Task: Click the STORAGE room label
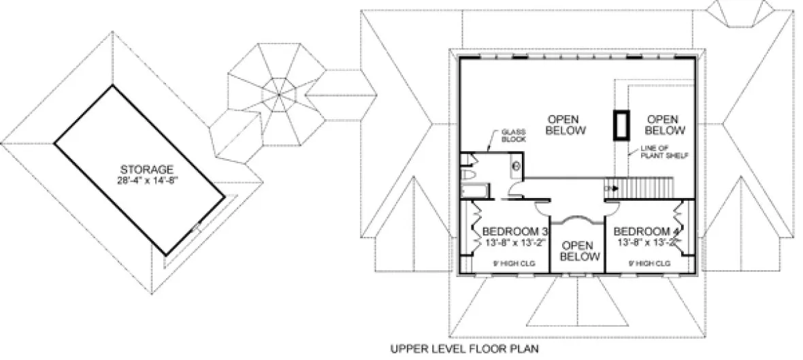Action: coord(147,169)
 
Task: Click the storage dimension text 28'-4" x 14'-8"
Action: coord(147,180)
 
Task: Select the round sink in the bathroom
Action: coord(515,165)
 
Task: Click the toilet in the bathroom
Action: coord(470,176)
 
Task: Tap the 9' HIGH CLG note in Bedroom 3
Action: coord(507,263)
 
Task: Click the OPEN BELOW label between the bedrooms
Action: coord(579,250)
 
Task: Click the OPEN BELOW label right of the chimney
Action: coord(664,124)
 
